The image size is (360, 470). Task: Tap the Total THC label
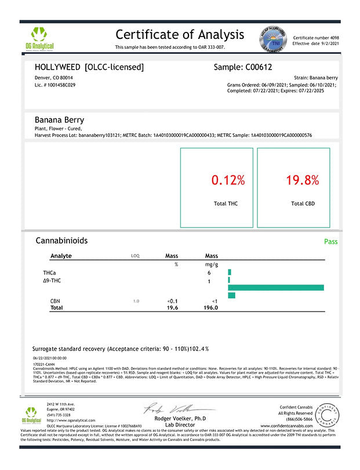coord(226,204)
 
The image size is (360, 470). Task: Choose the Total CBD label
coord(303,204)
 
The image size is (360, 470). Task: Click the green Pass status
coord(330,241)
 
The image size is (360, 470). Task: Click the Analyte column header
coord(61,256)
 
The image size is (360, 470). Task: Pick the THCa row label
coord(50,272)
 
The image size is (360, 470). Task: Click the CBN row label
coord(56,301)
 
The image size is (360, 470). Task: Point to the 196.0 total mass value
coord(212,308)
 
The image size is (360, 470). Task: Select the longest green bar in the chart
coord(276,288)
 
